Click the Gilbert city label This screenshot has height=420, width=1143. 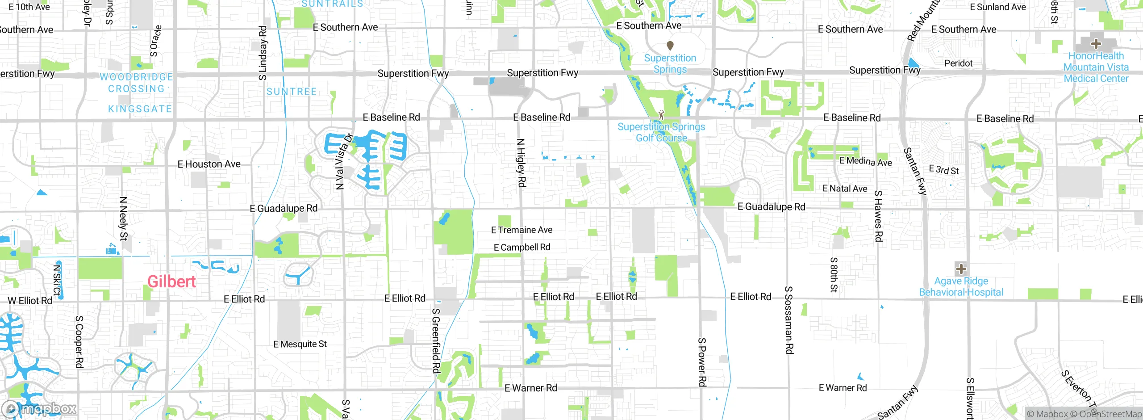(x=171, y=281)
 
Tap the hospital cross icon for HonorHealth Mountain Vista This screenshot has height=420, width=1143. (x=1096, y=44)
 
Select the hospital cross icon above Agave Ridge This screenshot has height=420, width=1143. (x=961, y=269)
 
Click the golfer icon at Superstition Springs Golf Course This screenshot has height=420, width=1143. (x=661, y=115)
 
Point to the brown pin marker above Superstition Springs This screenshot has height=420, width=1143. (x=670, y=46)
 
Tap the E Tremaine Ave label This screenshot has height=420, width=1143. (x=521, y=230)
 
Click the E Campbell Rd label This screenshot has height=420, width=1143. (x=521, y=248)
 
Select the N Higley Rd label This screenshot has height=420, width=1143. (x=521, y=163)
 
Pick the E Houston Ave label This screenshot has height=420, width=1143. (x=209, y=164)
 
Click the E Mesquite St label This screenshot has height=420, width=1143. (x=300, y=344)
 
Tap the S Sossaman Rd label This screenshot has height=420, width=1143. (x=789, y=320)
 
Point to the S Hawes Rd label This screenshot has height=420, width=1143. (x=878, y=216)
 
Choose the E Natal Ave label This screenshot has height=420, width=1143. (x=845, y=189)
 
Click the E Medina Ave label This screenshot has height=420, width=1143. (x=865, y=161)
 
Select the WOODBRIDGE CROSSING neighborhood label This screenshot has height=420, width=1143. (x=136, y=83)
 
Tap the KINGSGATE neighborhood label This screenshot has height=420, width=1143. (x=140, y=109)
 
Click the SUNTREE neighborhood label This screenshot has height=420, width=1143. (x=292, y=92)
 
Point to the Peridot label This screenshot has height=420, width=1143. (x=958, y=63)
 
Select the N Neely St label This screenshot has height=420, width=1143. (x=124, y=218)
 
